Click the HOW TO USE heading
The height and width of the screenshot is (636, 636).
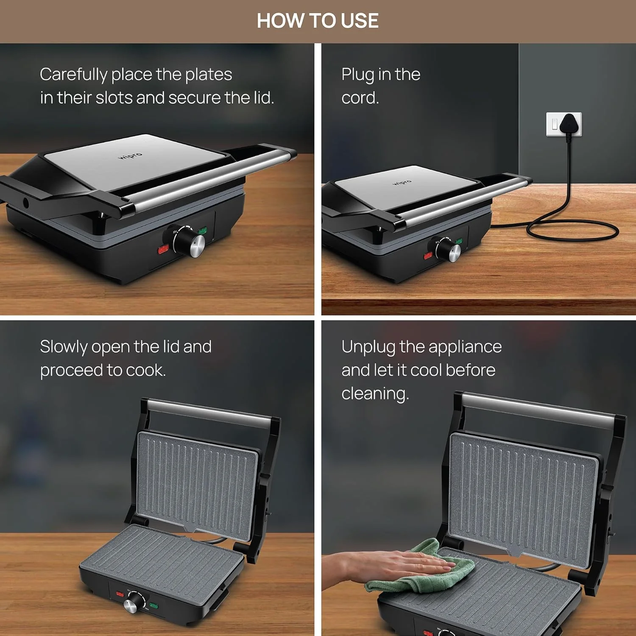(x=318, y=20)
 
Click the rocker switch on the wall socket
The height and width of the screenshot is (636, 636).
(x=555, y=124)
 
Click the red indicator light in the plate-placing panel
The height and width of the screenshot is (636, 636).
(x=163, y=249)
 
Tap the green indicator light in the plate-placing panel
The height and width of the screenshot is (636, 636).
(x=203, y=230)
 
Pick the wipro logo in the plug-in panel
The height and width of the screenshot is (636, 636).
(x=402, y=182)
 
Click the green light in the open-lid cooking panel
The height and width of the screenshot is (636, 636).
(x=153, y=605)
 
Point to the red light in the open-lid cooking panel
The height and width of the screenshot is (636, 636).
(x=120, y=594)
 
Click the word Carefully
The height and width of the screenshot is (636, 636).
(x=74, y=75)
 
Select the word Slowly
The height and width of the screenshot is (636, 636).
(x=64, y=347)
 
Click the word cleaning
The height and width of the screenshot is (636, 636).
(x=375, y=394)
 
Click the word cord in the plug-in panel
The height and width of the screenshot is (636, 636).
(x=360, y=98)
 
